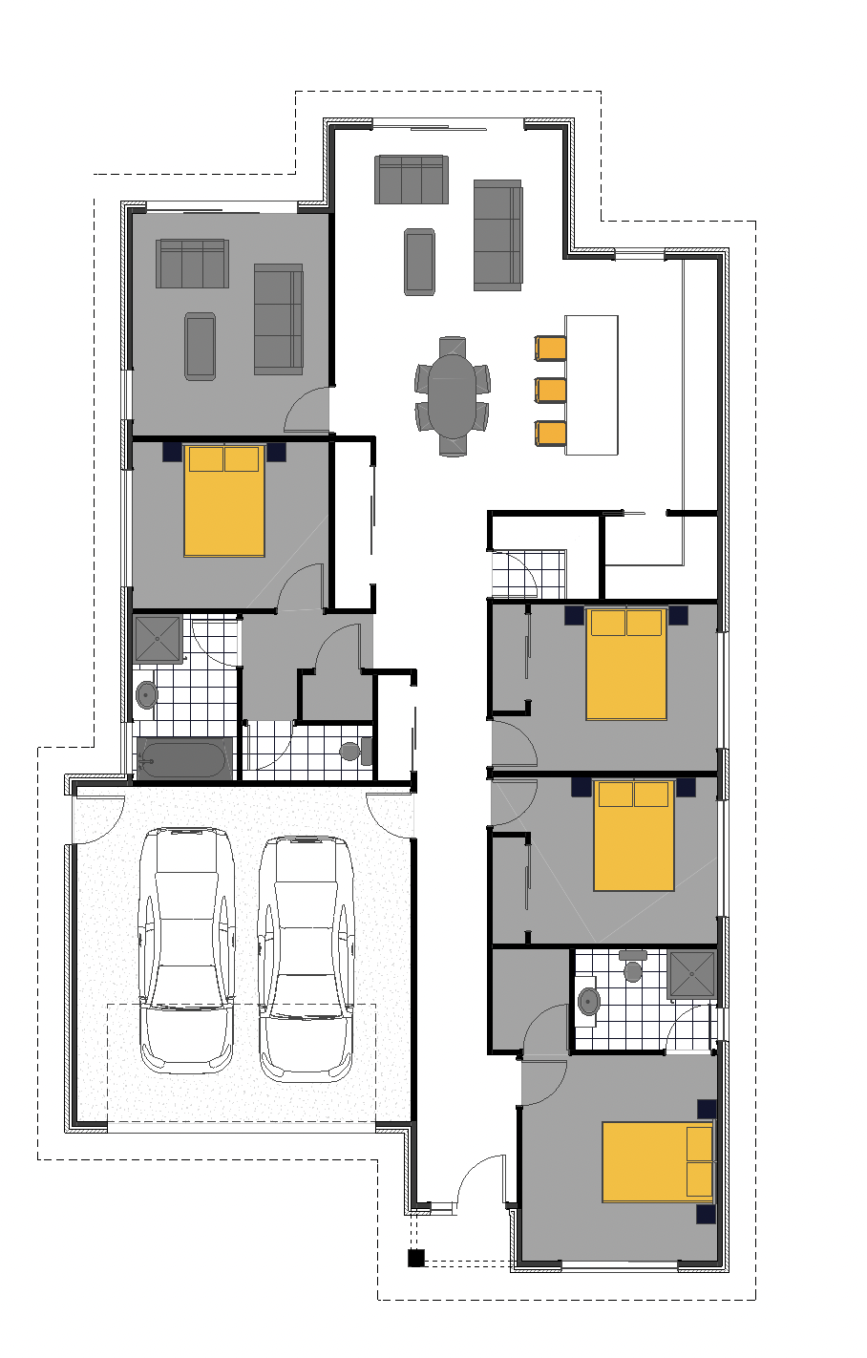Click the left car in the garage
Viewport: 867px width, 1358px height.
[186, 950]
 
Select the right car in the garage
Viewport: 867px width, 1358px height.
[307, 959]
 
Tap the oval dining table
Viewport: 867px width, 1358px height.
[452, 394]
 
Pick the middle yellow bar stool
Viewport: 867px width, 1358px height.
[551, 391]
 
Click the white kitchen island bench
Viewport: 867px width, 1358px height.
[591, 385]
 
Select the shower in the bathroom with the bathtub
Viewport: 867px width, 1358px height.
[158, 639]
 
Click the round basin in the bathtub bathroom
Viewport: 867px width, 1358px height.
[146, 694]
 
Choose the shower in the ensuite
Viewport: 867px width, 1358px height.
[691, 974]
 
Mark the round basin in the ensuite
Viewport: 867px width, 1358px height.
[589, 1002]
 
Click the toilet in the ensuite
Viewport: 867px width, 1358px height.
[632, 968]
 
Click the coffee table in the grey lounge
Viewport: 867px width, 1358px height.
[200, 346]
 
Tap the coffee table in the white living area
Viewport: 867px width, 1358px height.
[419, 261]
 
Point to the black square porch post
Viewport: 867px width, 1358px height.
[415, 1258]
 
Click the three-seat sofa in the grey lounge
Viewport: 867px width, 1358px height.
[192, 264]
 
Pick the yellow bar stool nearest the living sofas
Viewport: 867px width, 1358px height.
[551, 348]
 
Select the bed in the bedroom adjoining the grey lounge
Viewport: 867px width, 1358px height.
[223, 500]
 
